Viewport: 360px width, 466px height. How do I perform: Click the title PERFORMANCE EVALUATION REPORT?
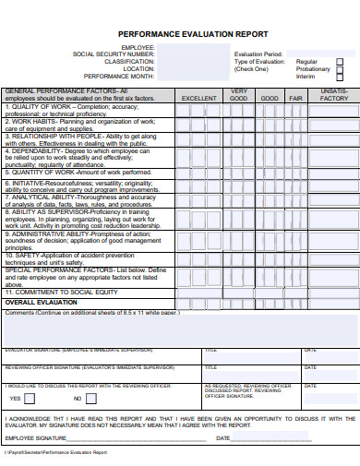click(x=193, y=32)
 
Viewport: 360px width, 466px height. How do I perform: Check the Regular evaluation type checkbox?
click(x=339, y=61)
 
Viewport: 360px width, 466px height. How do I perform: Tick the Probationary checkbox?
click(x=339, y=68)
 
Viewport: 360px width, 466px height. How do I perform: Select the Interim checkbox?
click(x=339, y=76)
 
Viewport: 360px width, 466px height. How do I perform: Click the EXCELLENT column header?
click(x=198, y=97)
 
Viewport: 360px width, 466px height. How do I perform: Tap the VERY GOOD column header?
click(x=239, y=94)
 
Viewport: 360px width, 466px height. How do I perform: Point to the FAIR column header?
click(x=295, y=97)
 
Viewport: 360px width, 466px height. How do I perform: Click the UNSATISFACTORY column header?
click(x=334, y=94)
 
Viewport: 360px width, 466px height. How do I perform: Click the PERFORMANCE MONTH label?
click(x=120, y=76)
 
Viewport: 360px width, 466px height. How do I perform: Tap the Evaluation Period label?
click(x=258, y=54)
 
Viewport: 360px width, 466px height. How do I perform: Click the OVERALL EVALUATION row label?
click(x=42, y=302)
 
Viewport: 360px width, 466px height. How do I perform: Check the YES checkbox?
click(x=30, y=399)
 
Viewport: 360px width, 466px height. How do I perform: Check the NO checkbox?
click(x=90, y=399)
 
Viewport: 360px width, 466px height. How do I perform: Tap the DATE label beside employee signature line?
click(x=222, y=438)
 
